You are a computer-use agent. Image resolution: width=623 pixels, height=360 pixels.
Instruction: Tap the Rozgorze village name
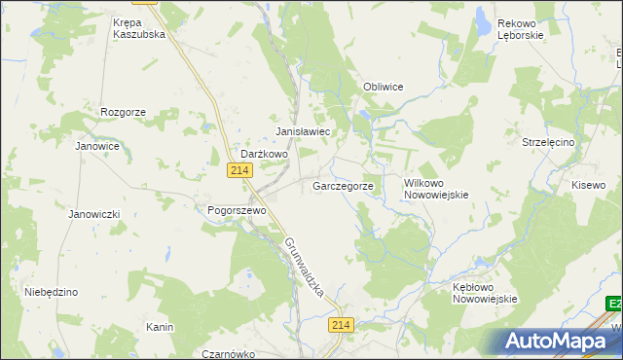coord(123,112)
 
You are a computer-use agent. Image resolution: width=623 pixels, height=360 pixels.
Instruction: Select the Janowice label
coord(97,146)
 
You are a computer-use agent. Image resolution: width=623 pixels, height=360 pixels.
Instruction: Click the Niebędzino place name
coord(51,292)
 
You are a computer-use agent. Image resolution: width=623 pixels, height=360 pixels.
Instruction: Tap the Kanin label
coord(160,327)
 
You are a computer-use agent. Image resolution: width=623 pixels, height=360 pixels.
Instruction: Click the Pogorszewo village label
coord(231,210)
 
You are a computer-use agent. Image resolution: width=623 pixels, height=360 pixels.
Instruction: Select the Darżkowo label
coord(265,154)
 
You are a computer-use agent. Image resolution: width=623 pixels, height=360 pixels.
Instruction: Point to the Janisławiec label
coord(304,131)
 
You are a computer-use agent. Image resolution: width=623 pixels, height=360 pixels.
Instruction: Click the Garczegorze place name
coord(343,185)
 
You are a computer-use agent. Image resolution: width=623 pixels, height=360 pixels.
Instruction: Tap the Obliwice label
coord(383,87)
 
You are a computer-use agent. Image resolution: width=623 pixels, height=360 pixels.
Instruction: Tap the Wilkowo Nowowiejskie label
coord(436,188)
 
